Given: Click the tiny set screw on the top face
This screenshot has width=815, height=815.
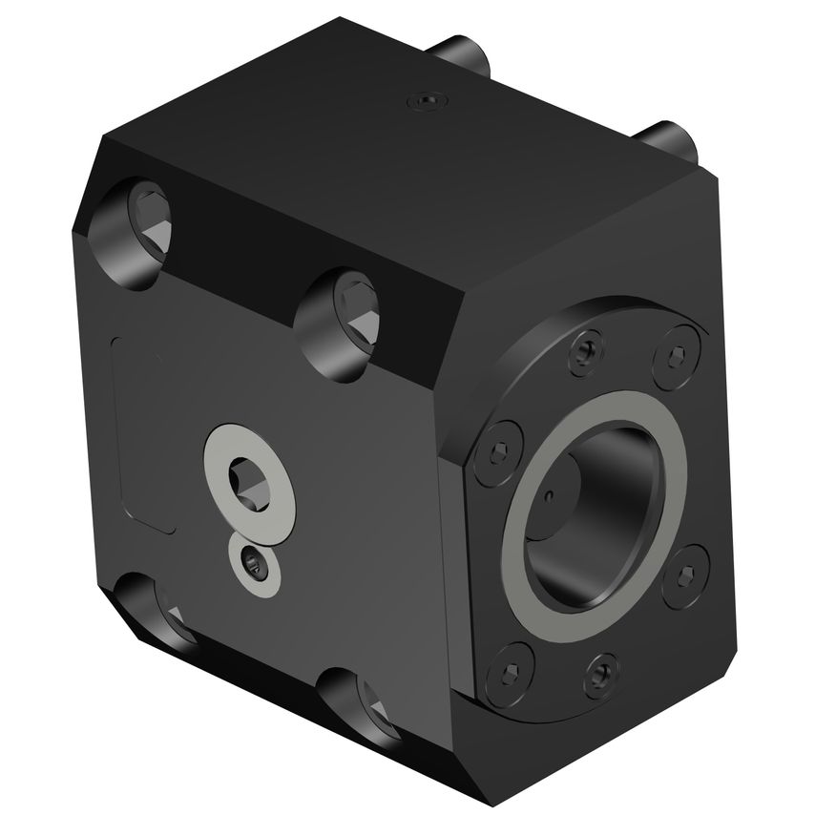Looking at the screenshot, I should click(x=423, y=99).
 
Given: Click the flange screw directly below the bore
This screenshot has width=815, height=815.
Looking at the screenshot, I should click(x=598, y=675).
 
